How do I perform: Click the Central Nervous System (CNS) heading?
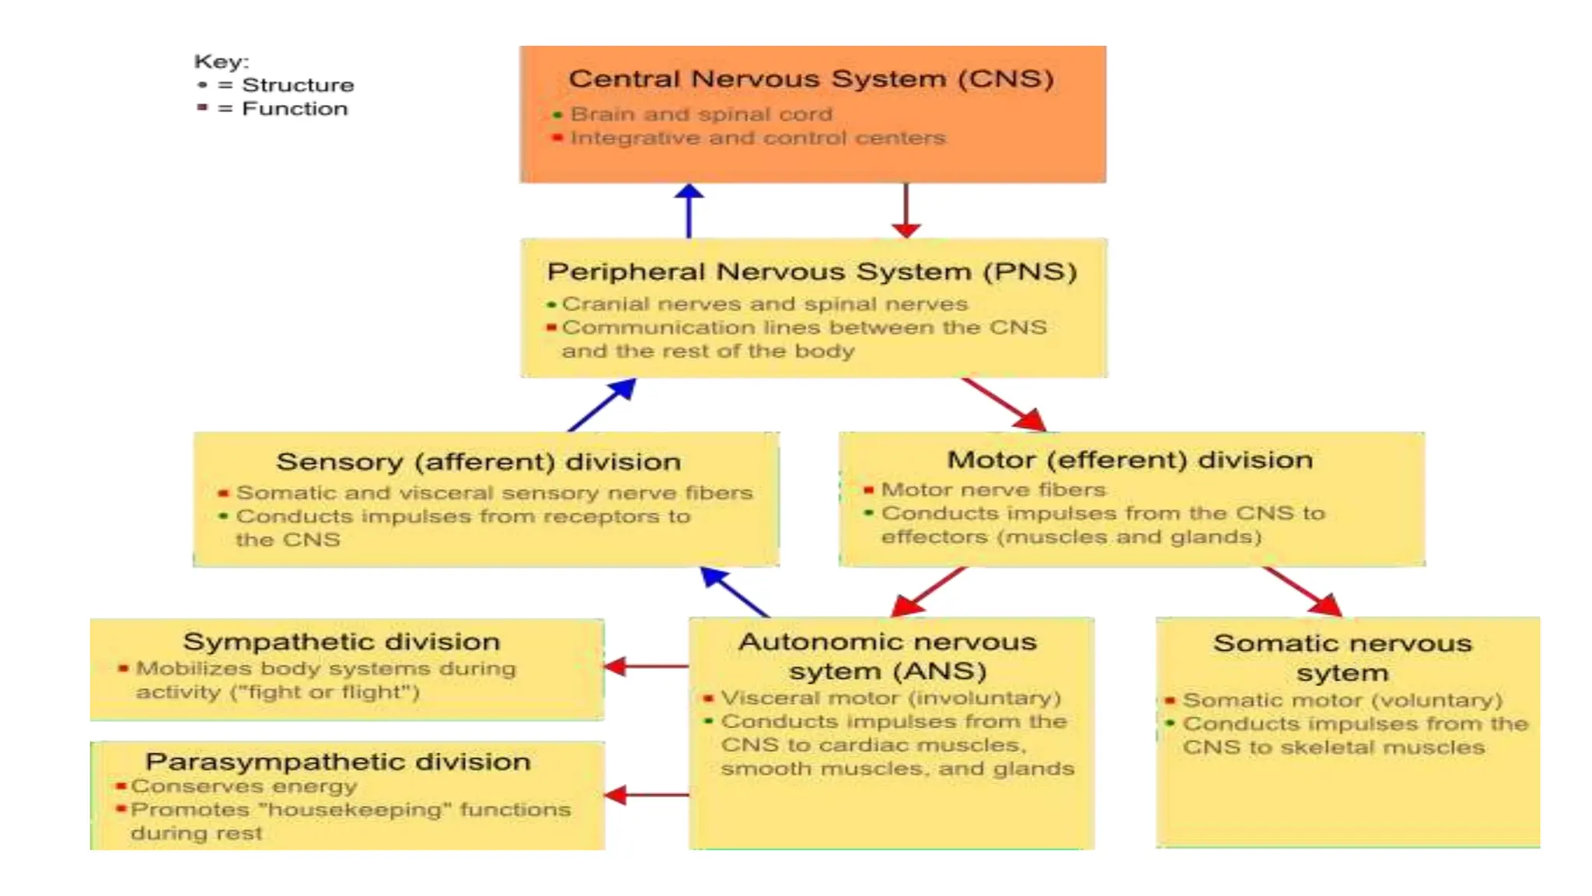click(x=811, y=79)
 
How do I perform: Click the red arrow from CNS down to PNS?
click(x=906, y=210)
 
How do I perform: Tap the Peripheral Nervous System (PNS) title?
click(x=812, y=271)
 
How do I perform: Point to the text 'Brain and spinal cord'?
click(x=701, y=114)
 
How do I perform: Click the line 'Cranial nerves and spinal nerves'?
click(x=764, y=303)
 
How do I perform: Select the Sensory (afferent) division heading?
click(x=478, y=461)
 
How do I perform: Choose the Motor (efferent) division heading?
click(x=1129, y=460)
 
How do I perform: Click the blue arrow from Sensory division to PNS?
click(x=602, y=404)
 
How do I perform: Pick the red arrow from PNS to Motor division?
click(x=1004, y=404)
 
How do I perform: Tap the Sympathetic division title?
click(x=341, y=642)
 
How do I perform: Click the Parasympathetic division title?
click(x=337, y=761)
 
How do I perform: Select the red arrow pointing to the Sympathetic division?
click(x=645, y=667)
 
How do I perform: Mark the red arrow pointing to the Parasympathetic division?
click(x=645, y=795)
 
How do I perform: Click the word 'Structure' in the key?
click(x=298, y=85)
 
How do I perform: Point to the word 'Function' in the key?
click(x=295, y=108)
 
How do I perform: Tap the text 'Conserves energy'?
click(x=243, y=786)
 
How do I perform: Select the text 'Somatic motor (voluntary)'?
click(x=1342, y=700)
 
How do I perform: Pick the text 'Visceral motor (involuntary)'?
click(x=890, y=698)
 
